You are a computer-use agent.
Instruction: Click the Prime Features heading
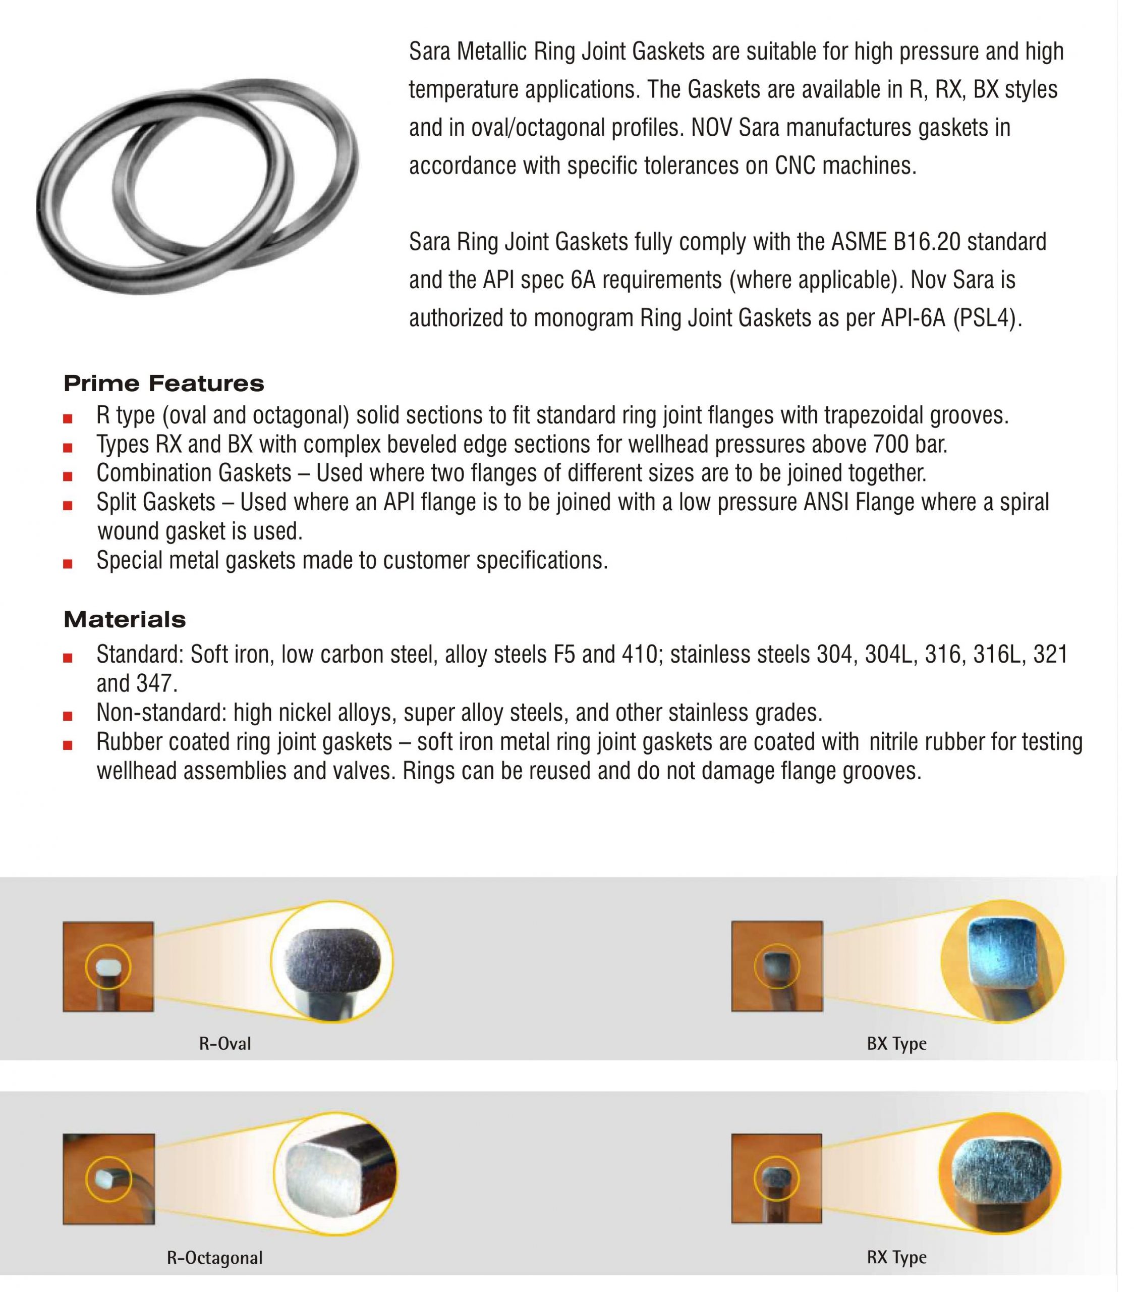pyautogui.click(x=163, y=383)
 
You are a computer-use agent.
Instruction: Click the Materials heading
pyautogui.click(x=125, y=619)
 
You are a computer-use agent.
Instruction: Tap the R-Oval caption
pyautogui.click(x=225, y=1044)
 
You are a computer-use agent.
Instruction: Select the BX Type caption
pyautogui.click(x=896, y=1044)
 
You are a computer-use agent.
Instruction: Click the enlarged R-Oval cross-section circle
pyautogui.click(x=331, y=961)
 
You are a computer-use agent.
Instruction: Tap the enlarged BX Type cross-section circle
pyautogui.click(x=1002, y=961)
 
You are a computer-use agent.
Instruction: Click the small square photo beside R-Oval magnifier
pyautogui.click(x=108, y=966)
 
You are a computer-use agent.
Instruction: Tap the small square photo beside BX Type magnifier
pyautogui.click(x=777, y=966)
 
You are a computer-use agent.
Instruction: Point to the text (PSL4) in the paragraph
pyautogui.click(x=987, y=318)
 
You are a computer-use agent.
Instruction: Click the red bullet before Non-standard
pyautogui.click(x=68, y=716)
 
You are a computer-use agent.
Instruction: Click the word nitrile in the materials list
pyautogui.click(x=893, y=741)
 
